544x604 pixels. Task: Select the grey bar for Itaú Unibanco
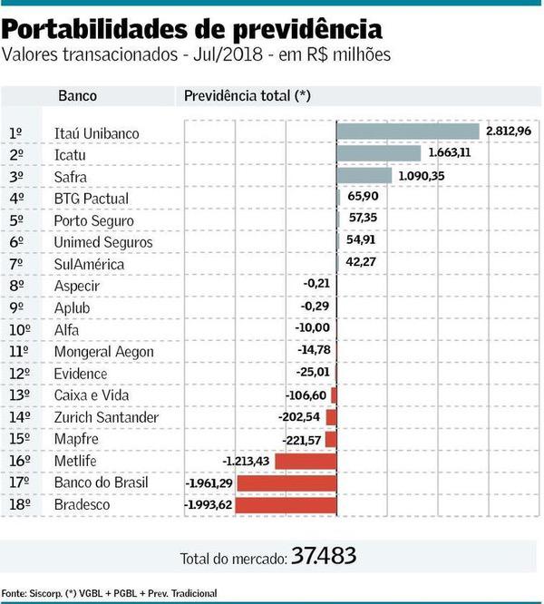tap(407, 132)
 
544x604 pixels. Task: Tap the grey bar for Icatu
tap(378, 154)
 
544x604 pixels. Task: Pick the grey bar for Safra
tap(364, 176)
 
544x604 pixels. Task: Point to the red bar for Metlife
tap(306, 461)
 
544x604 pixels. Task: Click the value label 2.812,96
tap(509, 132)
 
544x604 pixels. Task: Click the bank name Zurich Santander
tap(106, 417)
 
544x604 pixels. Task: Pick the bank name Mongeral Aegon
tap(103, 352)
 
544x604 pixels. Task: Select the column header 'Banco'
tap(77, 95)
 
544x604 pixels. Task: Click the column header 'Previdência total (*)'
tap(247, 95)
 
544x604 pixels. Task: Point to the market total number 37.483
tap(324, 555)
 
